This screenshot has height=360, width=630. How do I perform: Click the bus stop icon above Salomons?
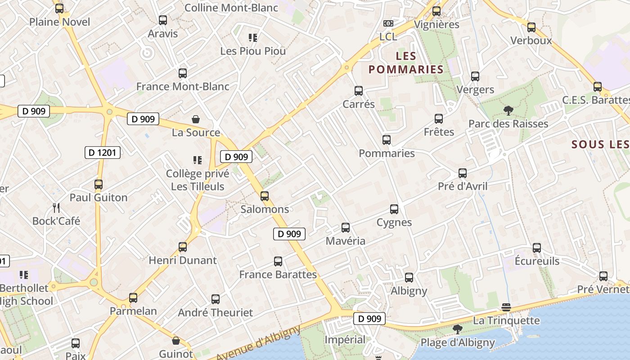point(265,196)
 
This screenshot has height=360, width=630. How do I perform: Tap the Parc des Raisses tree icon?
point(508,110)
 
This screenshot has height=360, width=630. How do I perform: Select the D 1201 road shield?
point(103,153)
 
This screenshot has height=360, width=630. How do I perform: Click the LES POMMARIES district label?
point(406,63)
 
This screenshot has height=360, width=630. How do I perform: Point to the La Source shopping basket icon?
point(196,119)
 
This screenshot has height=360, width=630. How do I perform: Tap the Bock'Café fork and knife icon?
point(56,207)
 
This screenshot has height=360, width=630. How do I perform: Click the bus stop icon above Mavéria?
point(346,228)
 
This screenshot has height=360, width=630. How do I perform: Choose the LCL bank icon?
point(388,23)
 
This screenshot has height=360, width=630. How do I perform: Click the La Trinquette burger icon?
point(506,307)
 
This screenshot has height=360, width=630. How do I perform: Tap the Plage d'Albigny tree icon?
point(458,329)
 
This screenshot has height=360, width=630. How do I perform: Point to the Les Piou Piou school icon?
point(253,38)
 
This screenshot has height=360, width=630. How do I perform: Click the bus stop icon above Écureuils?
point(537,248)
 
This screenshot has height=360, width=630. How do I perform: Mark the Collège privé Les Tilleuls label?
point(198,180)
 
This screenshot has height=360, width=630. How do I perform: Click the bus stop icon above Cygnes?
point(394,209)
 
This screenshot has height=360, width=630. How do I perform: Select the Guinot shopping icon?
point(176,341)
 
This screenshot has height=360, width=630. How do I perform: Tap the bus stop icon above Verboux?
point(531,27)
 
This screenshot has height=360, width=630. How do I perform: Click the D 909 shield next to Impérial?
point(369,319)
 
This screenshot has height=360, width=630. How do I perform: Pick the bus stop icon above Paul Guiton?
point(99,184)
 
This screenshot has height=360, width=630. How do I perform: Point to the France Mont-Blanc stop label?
point(183,86)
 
